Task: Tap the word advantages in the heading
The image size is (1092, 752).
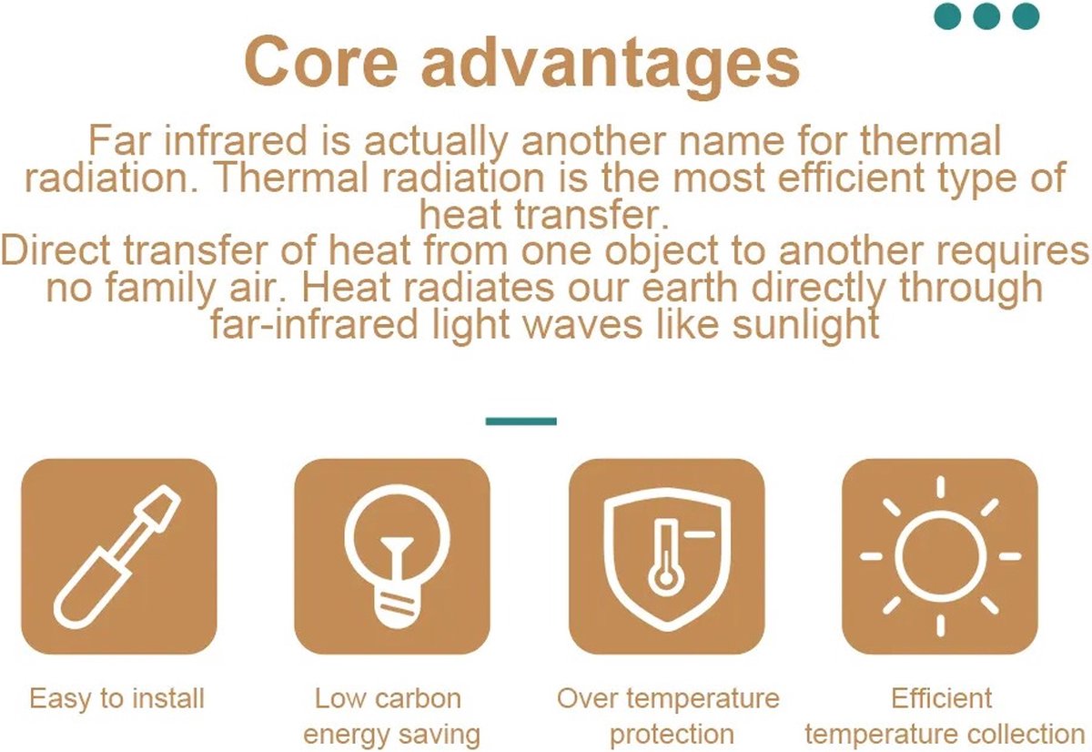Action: pyautogui.click(x=611, y=66)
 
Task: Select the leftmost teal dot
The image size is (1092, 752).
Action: pyautogui.click(x=947, y=16)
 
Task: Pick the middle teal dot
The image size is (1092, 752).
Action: pyautogui.click(x=986, y=16)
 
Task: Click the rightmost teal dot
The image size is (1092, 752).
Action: pyautogui.click(x=1026, y=16)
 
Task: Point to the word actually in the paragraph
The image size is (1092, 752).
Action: pyautogui.click(x=436, y=142)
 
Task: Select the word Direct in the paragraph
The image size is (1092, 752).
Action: pyautogui.click(x=56, y=250)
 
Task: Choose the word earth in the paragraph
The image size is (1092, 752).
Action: pyautogui.click(x=689, y=288)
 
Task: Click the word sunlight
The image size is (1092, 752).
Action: pyautogui.click(x=806, y=325)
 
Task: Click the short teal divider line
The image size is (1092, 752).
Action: pyautogui.click(x=521, y=422)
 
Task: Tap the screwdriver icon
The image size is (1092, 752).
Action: pyautogui.click(x=117, y=556)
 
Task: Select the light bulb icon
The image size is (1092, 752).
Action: pyautogui.click(x=397, y=555)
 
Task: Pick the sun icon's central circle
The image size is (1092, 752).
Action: pyautogui.click(x=940, y=556)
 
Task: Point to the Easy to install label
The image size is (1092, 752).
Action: pyautogui.click(x=117, y=698)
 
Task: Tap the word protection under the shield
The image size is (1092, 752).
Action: pyautogui.click(x=672, y=735)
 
